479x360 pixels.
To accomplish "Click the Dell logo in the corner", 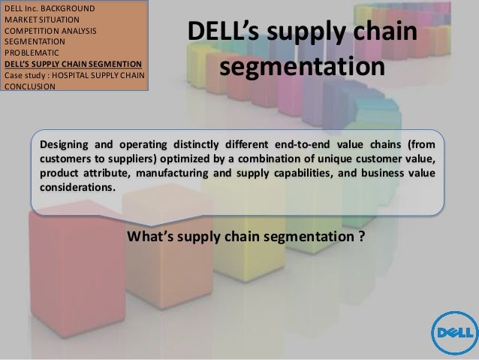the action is (x=453, y=331).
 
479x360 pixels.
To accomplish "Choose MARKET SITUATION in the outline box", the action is (x=39, y=21).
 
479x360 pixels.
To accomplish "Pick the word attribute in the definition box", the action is (x=106, y=174).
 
